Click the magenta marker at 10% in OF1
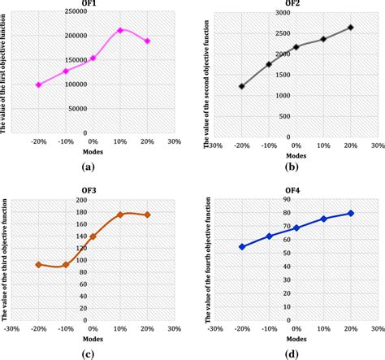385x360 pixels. coord(120,30)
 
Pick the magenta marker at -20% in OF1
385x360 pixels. coord(38,85)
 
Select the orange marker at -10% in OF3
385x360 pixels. coord(66,265)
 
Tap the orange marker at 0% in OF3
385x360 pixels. coord(93,236)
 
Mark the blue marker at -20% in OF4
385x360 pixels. coord(241,246)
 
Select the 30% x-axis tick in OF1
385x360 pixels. coord(175,141)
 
